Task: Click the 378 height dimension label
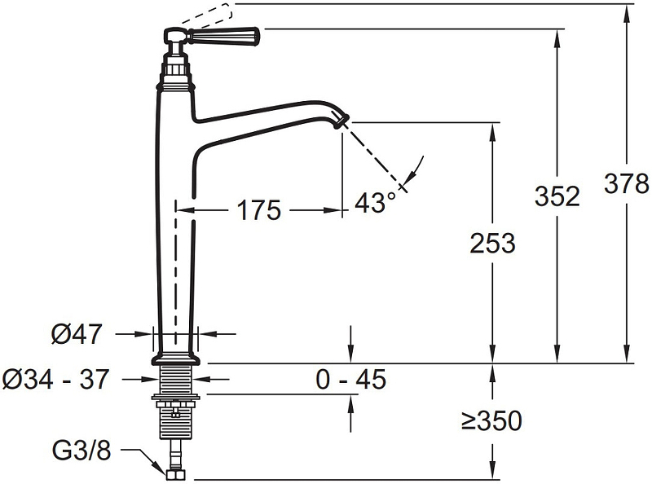[x=626, y=183]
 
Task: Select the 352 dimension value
[x=557, y=196]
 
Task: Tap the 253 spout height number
[x=493, y=243]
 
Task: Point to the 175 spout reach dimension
[x=258, y=210]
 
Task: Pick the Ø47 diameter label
[x=77, y=333]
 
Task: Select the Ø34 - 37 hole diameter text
[x=55, y=379]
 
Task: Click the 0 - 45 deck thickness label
[x=351, y=379]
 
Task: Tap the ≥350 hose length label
[x=491, y=420]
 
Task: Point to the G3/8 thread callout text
[x=81, y=450]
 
